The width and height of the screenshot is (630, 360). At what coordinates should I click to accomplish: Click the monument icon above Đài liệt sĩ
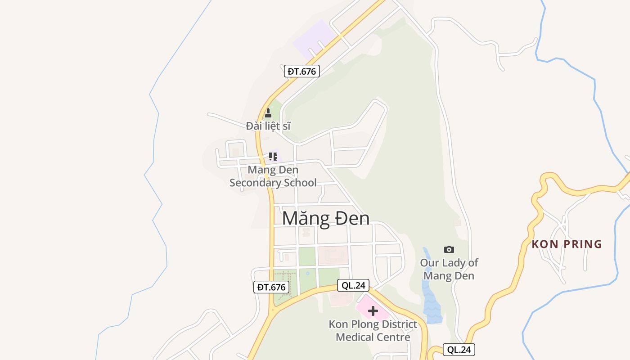[x=268, y=113]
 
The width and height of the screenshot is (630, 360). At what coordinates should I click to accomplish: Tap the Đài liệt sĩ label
[x=268, y=126]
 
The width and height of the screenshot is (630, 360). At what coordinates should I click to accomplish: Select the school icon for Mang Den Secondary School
[x=273, y=157]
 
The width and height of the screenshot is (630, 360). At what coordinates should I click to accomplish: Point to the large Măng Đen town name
[x=326, y=218]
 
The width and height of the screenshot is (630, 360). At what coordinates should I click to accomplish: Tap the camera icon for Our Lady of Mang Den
[x=449, y=249]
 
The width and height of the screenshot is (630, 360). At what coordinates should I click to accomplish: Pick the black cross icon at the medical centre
[x=373, y=310]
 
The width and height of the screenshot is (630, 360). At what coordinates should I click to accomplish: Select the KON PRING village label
[x=567, y=244]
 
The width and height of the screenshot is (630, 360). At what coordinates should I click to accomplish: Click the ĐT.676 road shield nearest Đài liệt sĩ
[x=302, y=71]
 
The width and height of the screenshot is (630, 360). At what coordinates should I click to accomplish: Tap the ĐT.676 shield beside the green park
[x=271, y=287]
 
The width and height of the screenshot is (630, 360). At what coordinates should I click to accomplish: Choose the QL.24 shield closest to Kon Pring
[x=459, y=350]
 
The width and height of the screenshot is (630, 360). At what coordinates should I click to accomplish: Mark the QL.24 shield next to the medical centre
[x=353, y=285]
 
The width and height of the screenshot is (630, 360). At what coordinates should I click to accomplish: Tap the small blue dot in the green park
[x=307, y=273]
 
